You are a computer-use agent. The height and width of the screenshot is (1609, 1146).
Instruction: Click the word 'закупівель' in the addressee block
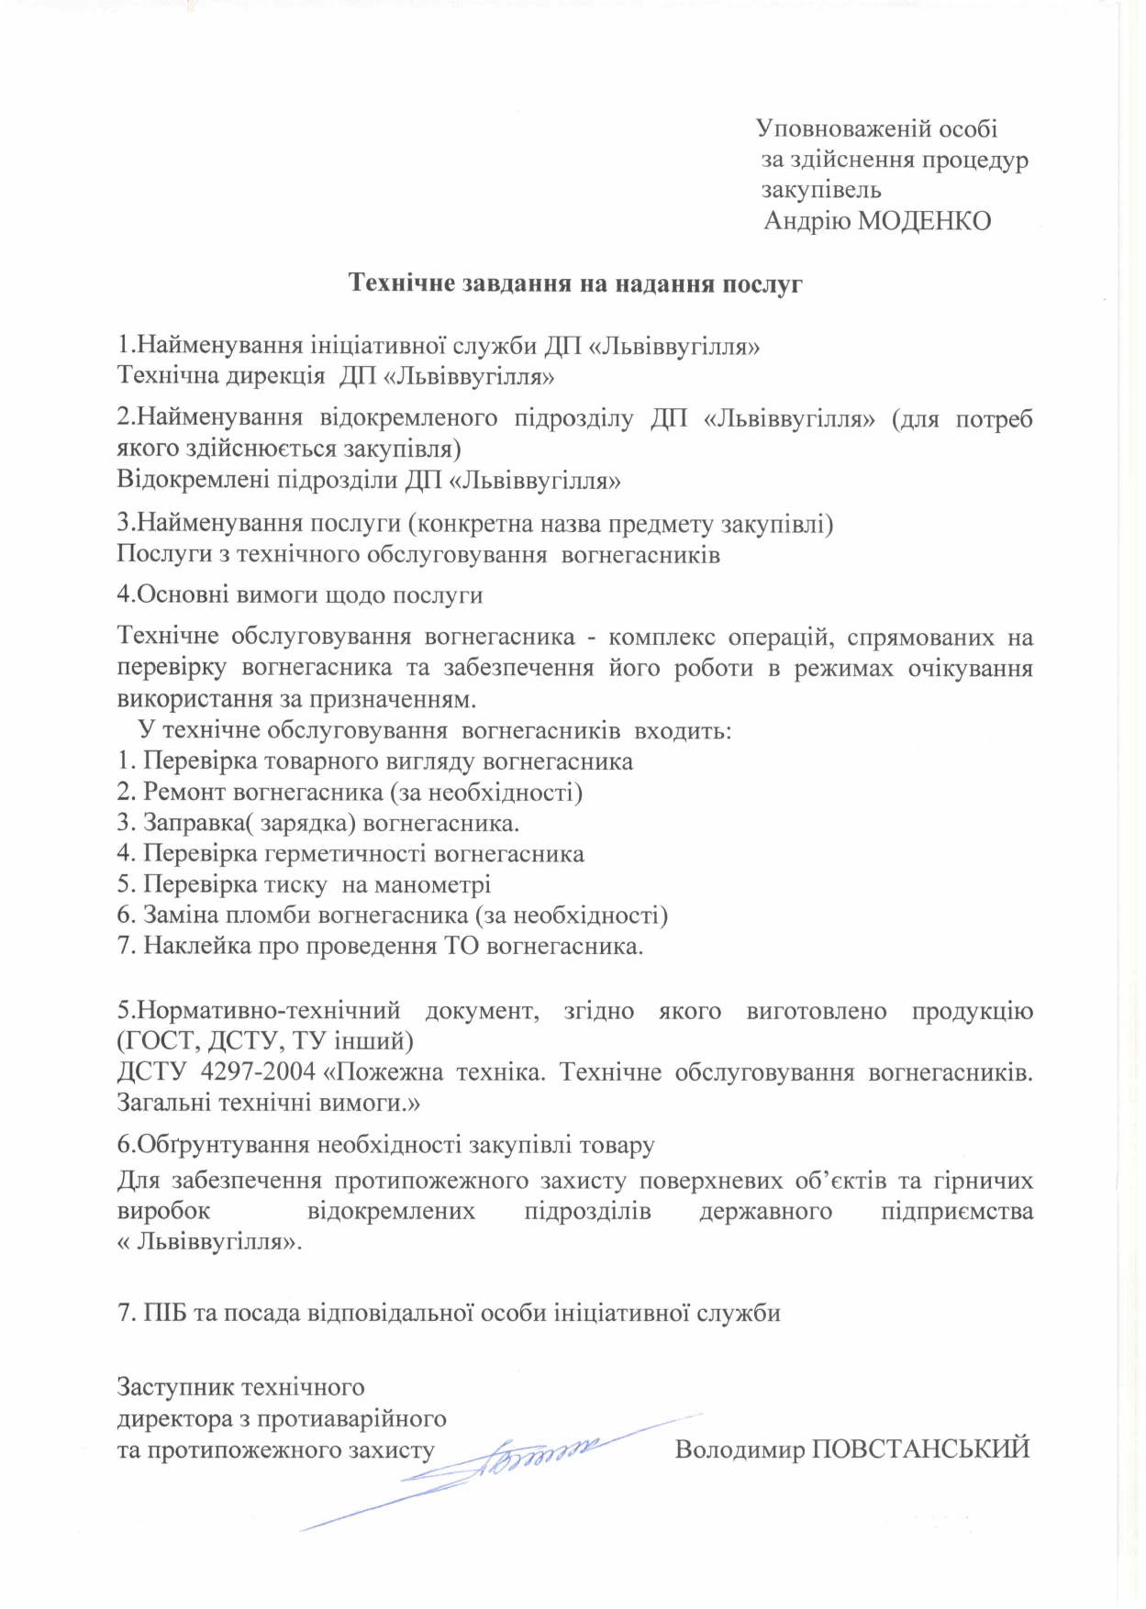tap(822, 191)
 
